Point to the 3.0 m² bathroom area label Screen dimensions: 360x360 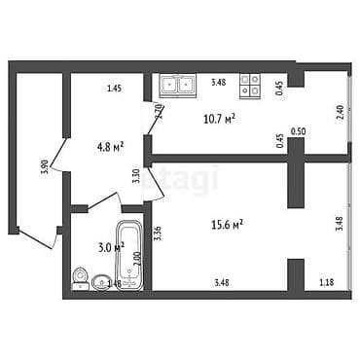112,248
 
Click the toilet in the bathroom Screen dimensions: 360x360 80,282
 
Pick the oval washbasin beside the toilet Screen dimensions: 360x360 101,283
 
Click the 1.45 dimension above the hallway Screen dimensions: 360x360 114,90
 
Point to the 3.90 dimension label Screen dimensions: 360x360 44,166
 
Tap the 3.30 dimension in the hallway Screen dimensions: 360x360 135,176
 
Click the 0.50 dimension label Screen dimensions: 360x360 299,130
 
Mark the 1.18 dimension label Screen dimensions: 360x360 326,283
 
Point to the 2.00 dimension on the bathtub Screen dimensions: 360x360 137,259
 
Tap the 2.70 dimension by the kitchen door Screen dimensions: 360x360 159,111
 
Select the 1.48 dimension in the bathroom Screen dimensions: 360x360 114,284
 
